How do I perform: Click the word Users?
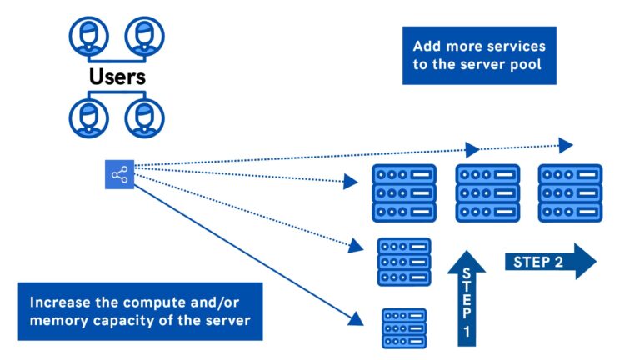pos(118,78)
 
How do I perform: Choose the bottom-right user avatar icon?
pos(144,118)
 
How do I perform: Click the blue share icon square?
pos(119,174)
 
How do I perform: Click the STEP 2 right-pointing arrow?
pos(550,262)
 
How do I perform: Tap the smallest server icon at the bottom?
pos(404,328)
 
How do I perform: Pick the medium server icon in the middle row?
pos(404,262)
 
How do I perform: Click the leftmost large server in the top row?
pos(404,193)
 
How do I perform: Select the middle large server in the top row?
pos(487,193)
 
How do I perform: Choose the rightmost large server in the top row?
pos(571,193)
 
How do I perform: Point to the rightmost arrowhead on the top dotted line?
pos(566,146)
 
